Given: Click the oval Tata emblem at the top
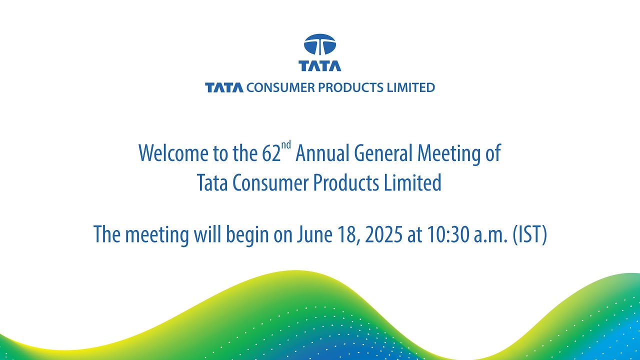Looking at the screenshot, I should (x=320, y=44).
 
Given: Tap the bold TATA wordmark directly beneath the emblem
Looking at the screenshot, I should (x=320, y=66).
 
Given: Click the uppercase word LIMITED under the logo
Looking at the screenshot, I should (x=411, y=87).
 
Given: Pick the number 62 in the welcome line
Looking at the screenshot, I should (x=270, y=153).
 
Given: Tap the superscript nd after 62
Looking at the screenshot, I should (x=285, y=147).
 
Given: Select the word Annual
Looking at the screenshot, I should (x=323, y=153).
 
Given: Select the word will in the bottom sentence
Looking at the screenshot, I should (x=207, y=235).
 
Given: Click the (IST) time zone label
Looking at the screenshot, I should (x=530, y=235).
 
